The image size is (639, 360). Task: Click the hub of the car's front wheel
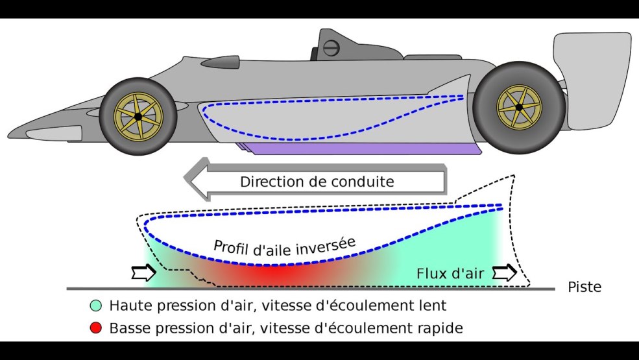click(x=138, y=116)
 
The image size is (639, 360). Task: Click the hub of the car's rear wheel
click(x=519, y=106)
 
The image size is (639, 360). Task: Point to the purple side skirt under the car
click(x=363, y=149)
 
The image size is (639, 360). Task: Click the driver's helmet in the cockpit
click(x=331, y=47)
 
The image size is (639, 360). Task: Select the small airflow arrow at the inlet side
click(x=142, y=273)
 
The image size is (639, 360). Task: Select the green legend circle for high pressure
click(x=96, y=306)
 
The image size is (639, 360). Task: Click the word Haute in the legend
click(x=128, y=305)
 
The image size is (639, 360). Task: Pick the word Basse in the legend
click(x=128, y=328)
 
